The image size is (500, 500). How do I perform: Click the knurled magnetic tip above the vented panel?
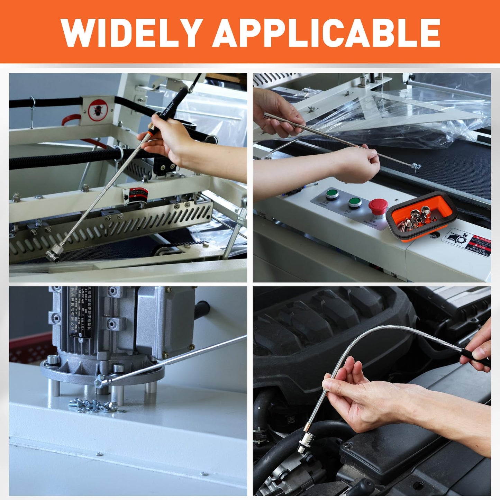click(55, 253)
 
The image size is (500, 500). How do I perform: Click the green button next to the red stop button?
click(355, 201)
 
